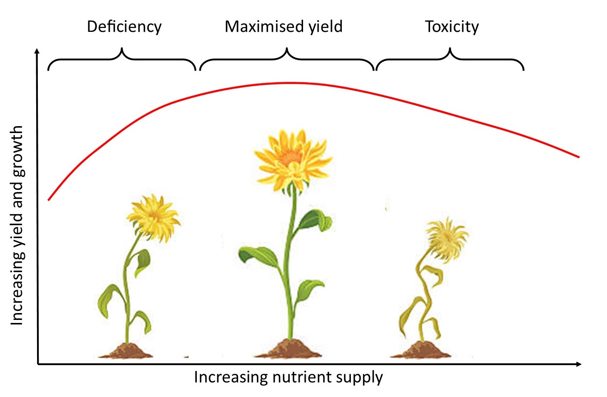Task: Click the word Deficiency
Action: (124, 27)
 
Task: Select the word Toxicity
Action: (452, 27)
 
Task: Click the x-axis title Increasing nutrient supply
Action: (288, 377)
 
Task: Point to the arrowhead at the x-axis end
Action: (579, 364)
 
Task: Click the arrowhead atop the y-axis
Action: (37, 51)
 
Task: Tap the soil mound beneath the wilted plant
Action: (421, 350)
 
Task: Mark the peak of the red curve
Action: (291, 83)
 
